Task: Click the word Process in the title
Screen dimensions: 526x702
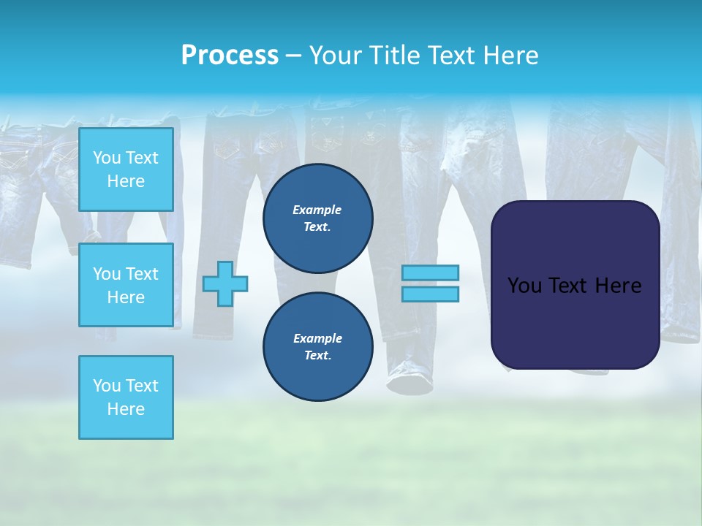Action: point(230,56)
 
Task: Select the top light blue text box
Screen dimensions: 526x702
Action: point(126,169)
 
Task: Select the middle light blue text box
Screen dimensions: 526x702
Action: point(126,285)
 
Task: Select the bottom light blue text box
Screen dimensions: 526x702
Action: point(126,397)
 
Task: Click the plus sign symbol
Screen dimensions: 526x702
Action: point(225,283)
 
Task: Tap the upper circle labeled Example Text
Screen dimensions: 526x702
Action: point(317,218)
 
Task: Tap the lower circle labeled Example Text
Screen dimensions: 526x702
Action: point(317,347)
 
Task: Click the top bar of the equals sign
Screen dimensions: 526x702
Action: point(431,272)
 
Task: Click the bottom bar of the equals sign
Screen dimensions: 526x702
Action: point(431,294)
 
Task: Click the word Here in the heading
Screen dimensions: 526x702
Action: point(511,56)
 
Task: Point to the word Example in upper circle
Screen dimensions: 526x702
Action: point(317,210)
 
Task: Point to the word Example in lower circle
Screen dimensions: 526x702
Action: point(317,338)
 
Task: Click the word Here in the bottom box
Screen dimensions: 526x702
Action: point(126,409)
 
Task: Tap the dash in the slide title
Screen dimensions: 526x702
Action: point(294,56)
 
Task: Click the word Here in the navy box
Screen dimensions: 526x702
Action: point(617,286)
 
